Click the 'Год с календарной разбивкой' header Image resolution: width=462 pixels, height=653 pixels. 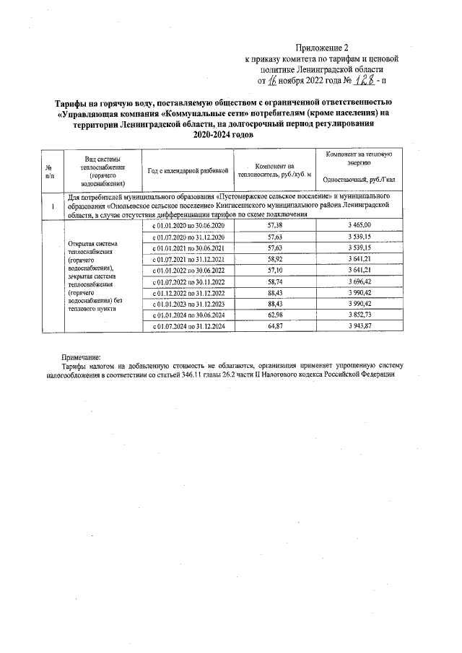(x=188, y=170)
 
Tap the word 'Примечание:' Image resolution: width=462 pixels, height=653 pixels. (x=81, y=356)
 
